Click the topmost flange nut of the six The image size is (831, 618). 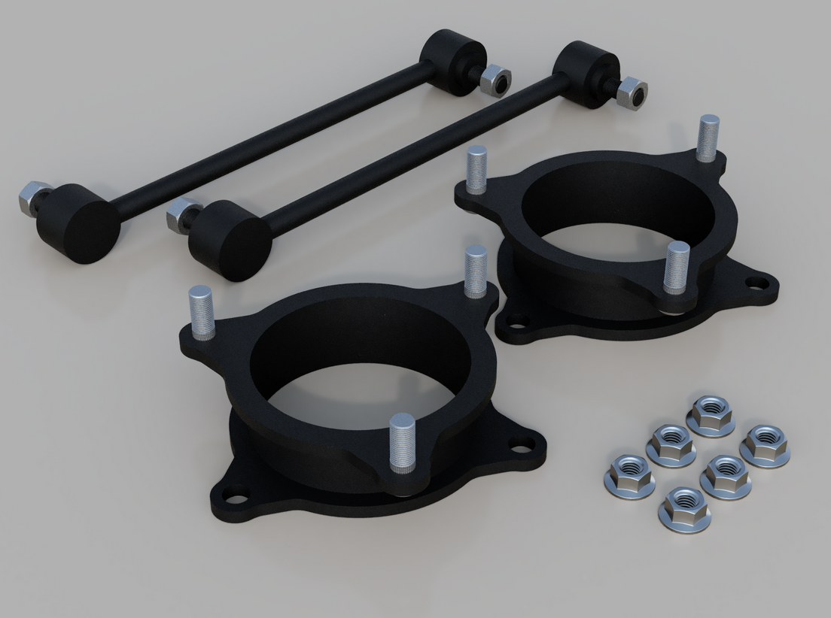pos(711,415)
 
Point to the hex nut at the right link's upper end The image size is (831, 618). pos(631,93)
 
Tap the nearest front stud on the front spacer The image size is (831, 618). pos(399,444)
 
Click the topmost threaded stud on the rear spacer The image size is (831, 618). pos(707,139)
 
